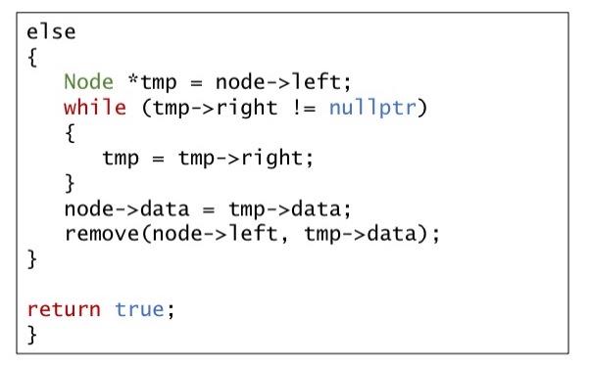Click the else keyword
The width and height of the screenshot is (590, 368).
tap(51, 31)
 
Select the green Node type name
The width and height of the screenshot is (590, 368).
tap(87, 82)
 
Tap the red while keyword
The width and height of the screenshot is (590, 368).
tap(95, 108)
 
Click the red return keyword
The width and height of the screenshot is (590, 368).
tap(64, 310)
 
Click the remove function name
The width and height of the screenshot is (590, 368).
tap(102, 235)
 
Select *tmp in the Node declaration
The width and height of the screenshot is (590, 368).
tap(145, 82)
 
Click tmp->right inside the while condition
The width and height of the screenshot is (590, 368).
tap(210, 108)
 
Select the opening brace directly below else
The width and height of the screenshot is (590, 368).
tap(32, 58)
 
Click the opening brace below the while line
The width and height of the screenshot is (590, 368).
tap(71, 133)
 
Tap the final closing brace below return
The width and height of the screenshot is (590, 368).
tap(32, 336)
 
